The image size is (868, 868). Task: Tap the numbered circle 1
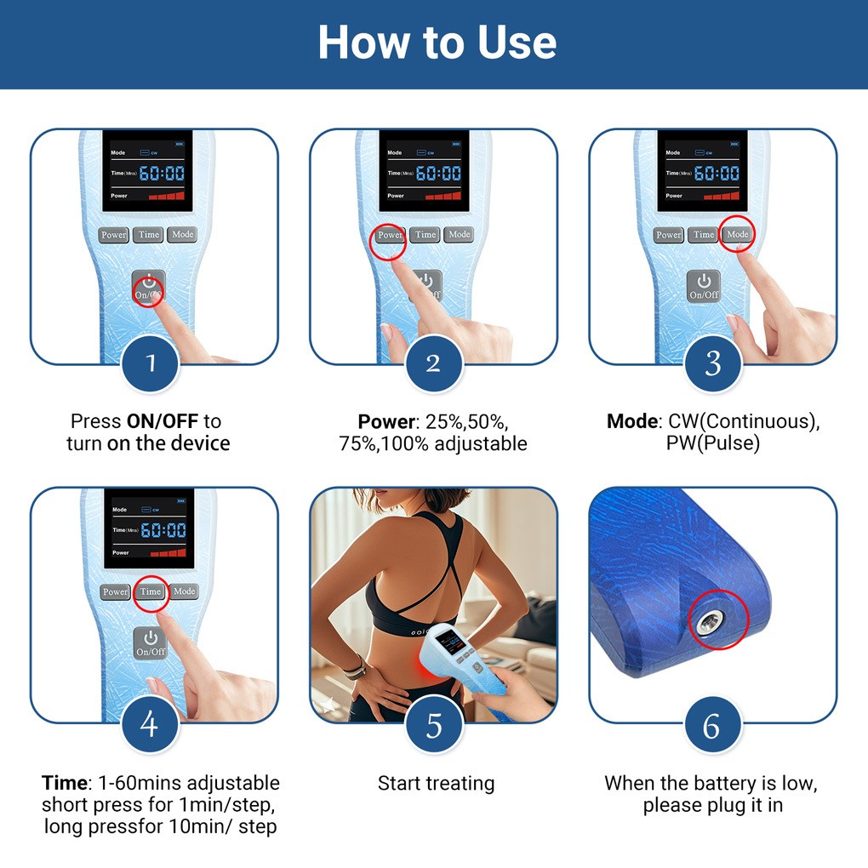pos(150,363)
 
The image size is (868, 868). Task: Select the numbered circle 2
pos(434,363)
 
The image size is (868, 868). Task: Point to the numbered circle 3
pos(712,363)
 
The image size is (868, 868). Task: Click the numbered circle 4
pos(150,723)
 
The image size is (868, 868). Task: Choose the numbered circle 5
pos(434,725)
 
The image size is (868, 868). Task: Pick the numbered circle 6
pos(712,725)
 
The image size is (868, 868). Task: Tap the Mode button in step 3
pos(737,235)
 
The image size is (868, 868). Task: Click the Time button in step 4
pos(151,591)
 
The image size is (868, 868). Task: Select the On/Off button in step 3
pos(704,287)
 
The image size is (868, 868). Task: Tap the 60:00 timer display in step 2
pos(438,174)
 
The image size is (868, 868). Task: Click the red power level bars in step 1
pos(167,196)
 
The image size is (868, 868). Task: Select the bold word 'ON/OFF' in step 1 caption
pos(163,421)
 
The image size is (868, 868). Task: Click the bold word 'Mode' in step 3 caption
pos(632,421)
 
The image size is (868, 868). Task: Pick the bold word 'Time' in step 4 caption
pos(64,783)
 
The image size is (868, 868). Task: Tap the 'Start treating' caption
pos(437,784)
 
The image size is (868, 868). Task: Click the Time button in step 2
pos(425,235)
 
